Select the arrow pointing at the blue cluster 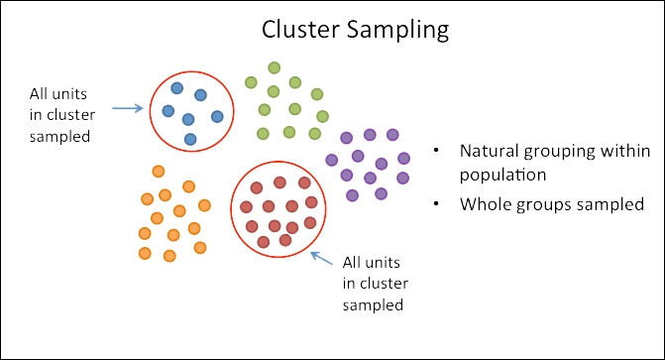(x=126, y=107)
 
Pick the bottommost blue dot (x=190, y=139)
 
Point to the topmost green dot (x=275, y=68)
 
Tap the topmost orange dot (x=158, y=172)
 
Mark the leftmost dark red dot (x=246, y=207)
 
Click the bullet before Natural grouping (x=436, y=153)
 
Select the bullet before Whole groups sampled (x=436, y=205)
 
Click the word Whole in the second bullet (x=482, y=205)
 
